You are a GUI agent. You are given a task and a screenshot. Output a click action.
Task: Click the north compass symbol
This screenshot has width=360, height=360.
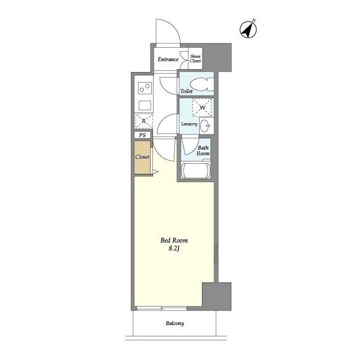[248, 29]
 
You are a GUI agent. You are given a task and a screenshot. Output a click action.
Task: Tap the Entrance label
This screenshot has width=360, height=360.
[168, 60]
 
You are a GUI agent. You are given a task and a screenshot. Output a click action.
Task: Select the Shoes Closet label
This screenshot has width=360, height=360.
[195, 58]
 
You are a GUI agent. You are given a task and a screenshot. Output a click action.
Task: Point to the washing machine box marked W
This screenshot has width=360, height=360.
[202, 107]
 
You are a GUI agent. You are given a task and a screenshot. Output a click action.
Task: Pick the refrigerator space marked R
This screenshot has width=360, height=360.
[143, 121]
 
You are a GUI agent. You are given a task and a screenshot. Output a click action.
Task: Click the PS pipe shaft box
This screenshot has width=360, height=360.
[142, 135]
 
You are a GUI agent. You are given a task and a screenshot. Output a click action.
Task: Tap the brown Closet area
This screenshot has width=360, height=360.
[142, 157]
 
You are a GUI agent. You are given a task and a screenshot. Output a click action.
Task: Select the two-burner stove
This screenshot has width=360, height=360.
[145, 88]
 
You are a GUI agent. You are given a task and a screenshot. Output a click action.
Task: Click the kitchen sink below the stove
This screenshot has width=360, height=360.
[145, 106]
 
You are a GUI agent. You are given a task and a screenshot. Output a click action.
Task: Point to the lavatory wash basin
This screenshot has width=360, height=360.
[205, 126]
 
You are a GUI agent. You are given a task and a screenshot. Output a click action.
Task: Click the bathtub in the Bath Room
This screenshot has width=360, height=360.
[196, 170]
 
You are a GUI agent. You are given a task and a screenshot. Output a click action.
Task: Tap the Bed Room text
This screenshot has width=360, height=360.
[174, 240]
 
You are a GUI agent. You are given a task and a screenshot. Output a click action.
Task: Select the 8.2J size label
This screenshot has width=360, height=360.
[174, 249]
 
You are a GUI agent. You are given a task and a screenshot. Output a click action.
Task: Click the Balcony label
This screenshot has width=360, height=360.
[175, 323]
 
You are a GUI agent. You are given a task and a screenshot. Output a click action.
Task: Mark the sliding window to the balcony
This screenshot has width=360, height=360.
[162, 309]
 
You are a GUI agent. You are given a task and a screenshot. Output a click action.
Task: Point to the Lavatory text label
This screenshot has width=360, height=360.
[189, 124]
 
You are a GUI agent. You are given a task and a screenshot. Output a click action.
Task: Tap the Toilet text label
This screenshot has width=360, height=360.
[186, 91]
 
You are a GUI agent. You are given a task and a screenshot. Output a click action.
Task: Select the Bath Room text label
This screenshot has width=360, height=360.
[203, 151]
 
